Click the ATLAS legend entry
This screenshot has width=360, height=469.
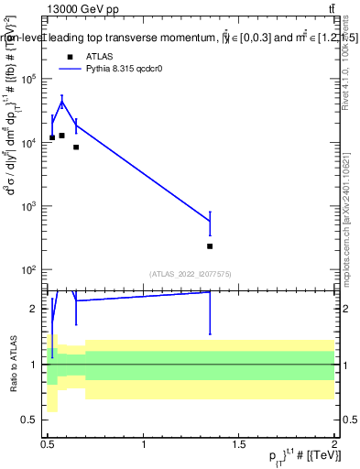87,56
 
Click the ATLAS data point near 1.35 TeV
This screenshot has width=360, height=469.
210,246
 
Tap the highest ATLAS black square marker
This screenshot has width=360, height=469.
61,136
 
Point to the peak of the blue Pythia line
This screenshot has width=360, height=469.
61,103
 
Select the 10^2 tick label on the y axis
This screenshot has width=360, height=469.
30,270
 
